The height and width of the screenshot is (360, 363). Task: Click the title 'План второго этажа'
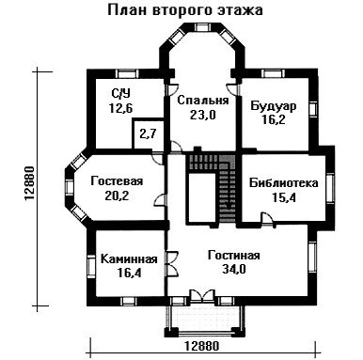point(185,10)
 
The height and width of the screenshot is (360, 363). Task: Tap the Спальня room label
point(203,101)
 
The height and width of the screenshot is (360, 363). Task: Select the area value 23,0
point(203,115)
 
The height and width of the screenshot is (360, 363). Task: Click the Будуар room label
point(274,106)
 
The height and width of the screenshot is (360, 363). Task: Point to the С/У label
point(120,93)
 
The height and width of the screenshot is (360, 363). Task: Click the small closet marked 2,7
point(148,134)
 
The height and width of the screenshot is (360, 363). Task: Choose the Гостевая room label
point(117,181)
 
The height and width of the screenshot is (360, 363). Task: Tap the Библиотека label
point(284,182)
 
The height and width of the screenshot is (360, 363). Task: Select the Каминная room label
point(129,259)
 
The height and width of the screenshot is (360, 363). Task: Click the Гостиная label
point(234,255)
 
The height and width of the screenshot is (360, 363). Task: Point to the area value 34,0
point(234,270)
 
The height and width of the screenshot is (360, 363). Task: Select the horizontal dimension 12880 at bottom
point(201,346)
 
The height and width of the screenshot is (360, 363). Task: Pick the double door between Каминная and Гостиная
point(172,263)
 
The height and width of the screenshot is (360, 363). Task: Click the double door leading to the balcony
point(202,296)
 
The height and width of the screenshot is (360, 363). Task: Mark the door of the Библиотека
point(266,218)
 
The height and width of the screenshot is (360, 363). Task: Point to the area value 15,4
point(284,197)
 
